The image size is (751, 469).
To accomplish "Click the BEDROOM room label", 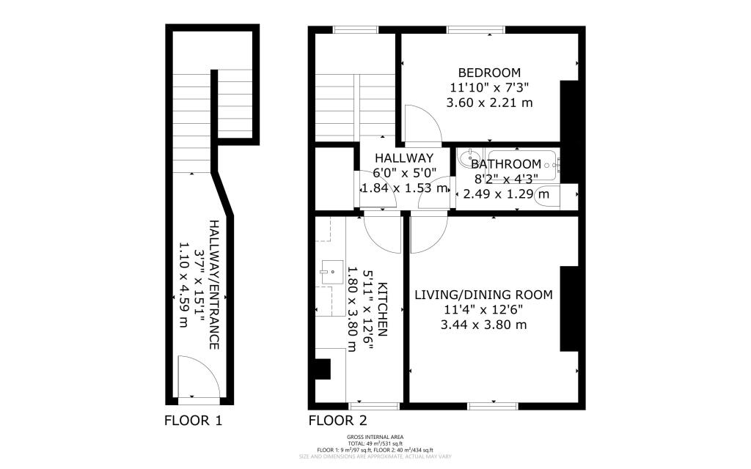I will (489, 73).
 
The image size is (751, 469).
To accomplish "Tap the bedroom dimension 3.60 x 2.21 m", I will (489, 103).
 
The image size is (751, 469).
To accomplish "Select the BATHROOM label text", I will (506, 164).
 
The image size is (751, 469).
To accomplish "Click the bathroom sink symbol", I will (465, 158).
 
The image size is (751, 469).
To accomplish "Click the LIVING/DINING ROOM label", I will (483, 295).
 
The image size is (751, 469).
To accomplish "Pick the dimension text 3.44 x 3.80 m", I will (483, 325).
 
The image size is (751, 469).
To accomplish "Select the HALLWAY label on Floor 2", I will (404, 158).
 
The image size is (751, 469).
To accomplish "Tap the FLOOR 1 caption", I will (193, 421).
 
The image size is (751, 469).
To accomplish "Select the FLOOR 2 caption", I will (337, 421).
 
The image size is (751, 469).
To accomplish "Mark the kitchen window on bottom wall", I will (374, 405).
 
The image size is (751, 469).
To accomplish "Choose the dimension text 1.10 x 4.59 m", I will (183, 284).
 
